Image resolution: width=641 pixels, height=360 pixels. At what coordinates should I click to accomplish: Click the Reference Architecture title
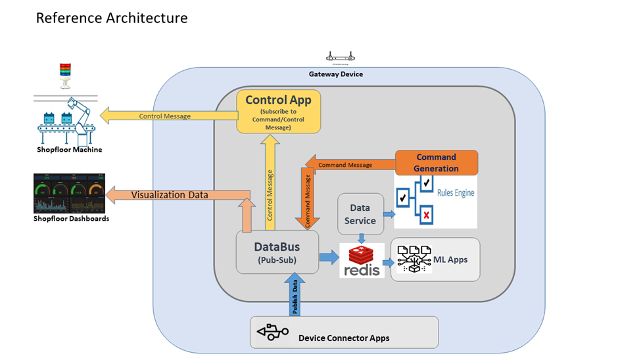[x=112, y=18]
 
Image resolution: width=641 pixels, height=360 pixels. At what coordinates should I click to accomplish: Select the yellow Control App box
[x=278, y=112]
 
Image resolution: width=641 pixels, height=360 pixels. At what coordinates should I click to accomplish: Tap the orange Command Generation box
[x=436, y=162]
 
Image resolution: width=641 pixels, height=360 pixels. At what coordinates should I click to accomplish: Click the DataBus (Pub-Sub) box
[x=277, y=252]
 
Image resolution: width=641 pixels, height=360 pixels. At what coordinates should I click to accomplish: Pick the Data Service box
[x=360, y=214]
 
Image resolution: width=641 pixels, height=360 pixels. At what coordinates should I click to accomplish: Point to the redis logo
[x=362, y=260]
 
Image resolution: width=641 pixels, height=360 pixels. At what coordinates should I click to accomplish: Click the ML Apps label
[x=450, y=259]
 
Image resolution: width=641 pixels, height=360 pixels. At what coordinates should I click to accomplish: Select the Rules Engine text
[x=456, y=193]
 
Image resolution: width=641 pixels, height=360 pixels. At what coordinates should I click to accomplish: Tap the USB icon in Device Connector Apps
[x=273, y=332]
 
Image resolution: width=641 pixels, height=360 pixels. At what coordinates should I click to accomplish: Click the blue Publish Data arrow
[x=294, y=296]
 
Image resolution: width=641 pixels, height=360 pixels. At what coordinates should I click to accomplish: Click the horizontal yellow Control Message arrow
[x=168, y=116]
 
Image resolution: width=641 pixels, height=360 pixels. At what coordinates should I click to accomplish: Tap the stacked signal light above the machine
[x=64, y=75]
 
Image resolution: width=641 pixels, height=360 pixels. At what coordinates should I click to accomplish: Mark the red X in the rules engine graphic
[x=427, y=215]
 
